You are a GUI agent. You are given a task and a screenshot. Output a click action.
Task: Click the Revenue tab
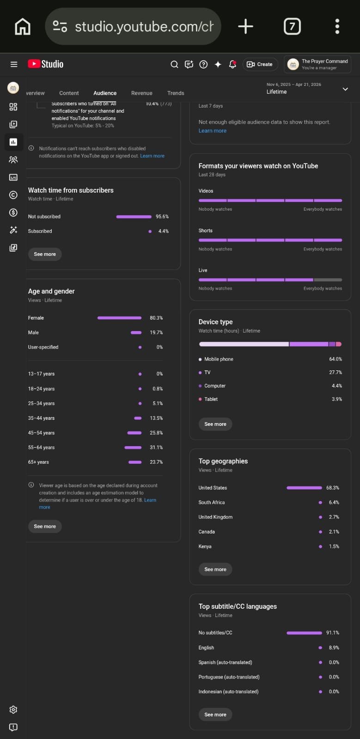[141, 93]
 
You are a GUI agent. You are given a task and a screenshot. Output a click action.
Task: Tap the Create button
[260, 64]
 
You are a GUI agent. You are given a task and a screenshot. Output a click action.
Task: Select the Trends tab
[176, 93]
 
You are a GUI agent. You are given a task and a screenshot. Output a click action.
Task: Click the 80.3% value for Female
[156, 318]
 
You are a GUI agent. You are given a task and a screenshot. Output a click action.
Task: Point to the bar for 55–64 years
[133, 448]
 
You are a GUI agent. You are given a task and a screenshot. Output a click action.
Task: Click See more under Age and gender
[45, 527]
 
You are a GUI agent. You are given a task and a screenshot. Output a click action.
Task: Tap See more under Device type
[215, 424]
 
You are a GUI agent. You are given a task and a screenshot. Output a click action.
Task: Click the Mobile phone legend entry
[219, 359]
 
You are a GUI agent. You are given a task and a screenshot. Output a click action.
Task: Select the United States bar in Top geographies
[304, 488]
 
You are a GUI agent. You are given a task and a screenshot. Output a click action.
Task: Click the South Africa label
[212, 503]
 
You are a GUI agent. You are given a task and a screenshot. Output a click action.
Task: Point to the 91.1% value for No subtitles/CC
[333, 633]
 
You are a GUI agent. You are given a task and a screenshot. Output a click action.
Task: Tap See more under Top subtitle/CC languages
[215, 715]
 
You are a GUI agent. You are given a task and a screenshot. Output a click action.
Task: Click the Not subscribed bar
[134, 217]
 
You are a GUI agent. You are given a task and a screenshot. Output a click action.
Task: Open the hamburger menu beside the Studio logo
[14, 64]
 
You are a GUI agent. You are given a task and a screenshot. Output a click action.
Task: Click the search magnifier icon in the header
[174, 64]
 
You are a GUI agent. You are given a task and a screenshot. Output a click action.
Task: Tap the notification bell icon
[232, 64]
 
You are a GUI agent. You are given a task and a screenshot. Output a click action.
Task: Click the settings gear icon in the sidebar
[13, 709]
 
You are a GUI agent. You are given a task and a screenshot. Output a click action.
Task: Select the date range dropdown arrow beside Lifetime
[345, 89]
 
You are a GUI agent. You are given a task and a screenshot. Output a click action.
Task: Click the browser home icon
[23, 27]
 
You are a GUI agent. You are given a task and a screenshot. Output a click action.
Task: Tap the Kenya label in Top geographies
[205, 546]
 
